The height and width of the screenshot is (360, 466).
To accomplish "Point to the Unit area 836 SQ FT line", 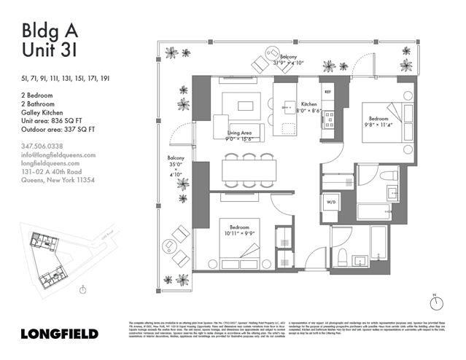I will (x=55, y=122).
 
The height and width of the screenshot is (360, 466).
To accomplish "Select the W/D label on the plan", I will (x=330, y=201).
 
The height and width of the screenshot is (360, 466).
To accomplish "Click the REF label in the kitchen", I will (x=327, y=93).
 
